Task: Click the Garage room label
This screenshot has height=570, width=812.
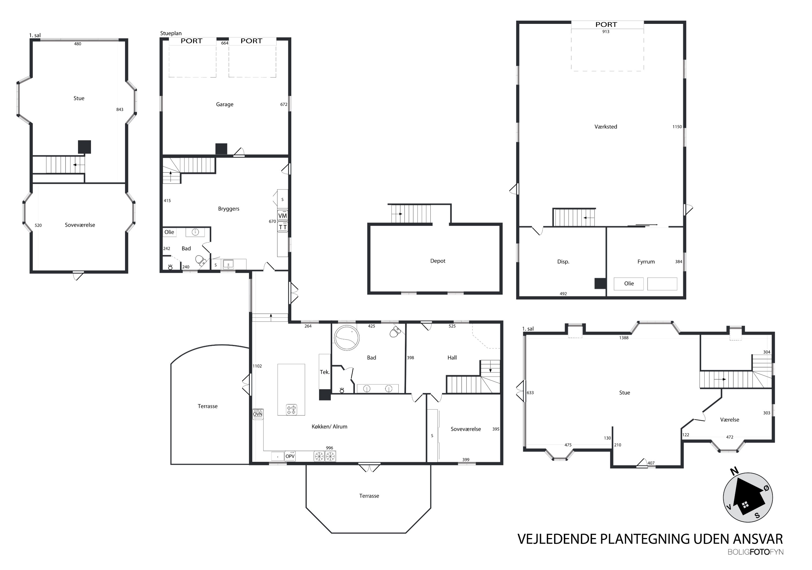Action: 225,105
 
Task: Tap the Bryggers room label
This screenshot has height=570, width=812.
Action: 228,209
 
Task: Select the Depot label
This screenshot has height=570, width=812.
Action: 437,261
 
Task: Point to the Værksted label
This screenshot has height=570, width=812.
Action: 605,127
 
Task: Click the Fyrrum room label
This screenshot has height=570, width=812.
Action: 646,262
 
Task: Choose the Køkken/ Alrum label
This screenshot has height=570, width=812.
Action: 329,427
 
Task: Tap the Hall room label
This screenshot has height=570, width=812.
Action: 452,358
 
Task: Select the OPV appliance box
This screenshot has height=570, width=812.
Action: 290,456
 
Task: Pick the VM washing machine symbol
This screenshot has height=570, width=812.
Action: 282,216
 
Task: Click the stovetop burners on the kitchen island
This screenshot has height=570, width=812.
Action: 292,410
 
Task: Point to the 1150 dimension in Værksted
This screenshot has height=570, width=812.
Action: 677,127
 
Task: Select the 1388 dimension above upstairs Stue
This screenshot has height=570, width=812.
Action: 624,338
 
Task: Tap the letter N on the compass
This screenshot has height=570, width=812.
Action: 734,471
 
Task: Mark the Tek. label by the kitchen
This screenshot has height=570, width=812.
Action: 325,372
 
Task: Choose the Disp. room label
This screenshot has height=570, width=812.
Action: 563,262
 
